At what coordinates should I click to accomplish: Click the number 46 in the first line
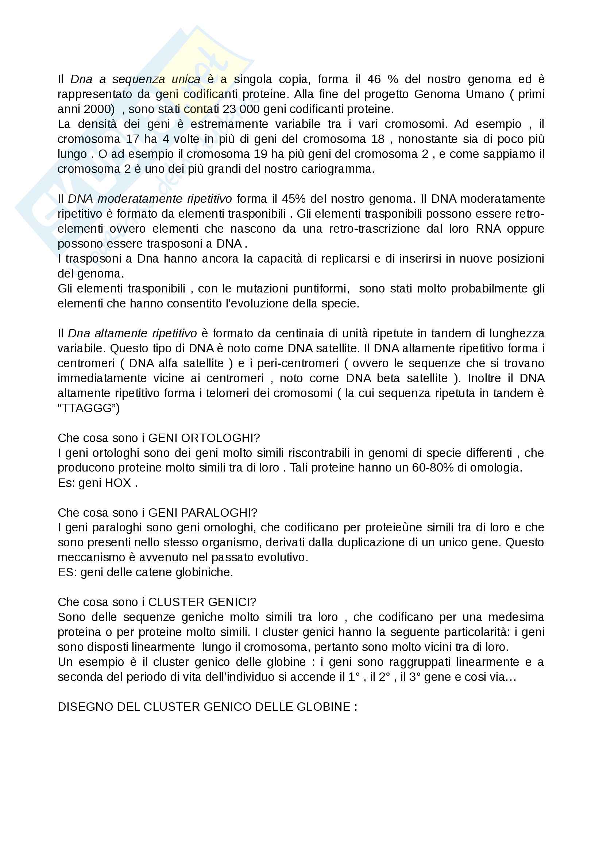coord(374,80)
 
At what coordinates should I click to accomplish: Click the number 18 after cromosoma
coord(378,139)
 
